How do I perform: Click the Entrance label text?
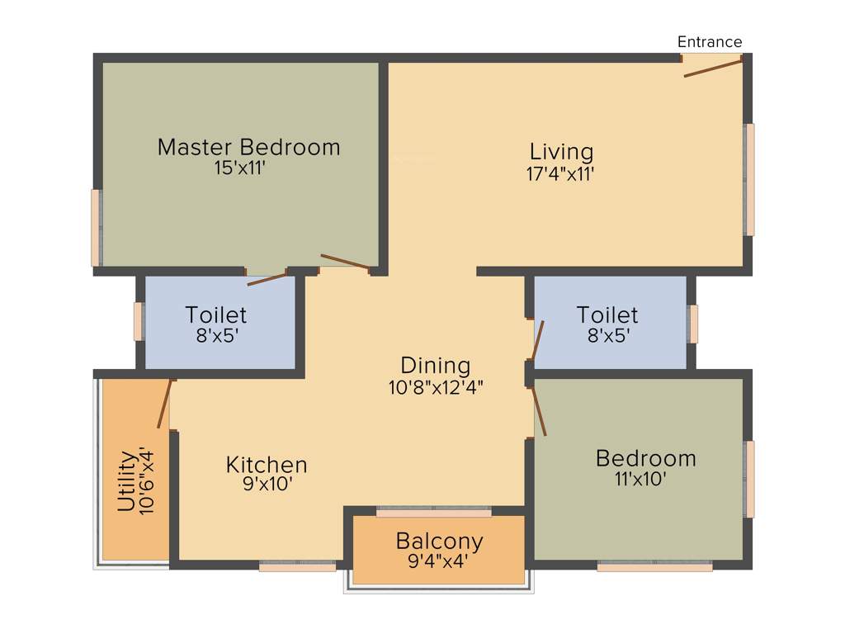[x=710, y=42]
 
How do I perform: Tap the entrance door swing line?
[x=713, y=68]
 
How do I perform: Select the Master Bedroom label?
[x=248, y=148]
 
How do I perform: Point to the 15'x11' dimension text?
[x=238, y=168]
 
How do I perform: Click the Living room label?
[x=561, y=152]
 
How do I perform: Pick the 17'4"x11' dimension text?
[x=561, y=173]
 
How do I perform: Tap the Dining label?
[x=435, y=366]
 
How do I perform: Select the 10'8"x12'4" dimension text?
[x=435, y=387]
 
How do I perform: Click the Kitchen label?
[x=267, y=465]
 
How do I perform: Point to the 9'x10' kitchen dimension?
[x=266, y=485]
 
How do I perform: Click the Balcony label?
[x=439, y=542]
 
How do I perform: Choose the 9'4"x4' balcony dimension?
[x=439, y=562]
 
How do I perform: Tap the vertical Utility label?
[x=126, y=481]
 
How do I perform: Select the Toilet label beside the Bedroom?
[x=607, y=315]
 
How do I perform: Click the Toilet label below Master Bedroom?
[x=216, y=315]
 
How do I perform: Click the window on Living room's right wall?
[x=749, y=180]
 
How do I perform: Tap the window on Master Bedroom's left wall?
[x=96, y=228]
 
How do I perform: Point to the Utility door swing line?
[x=165, y=404]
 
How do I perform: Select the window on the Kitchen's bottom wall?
[x=297, y=566]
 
